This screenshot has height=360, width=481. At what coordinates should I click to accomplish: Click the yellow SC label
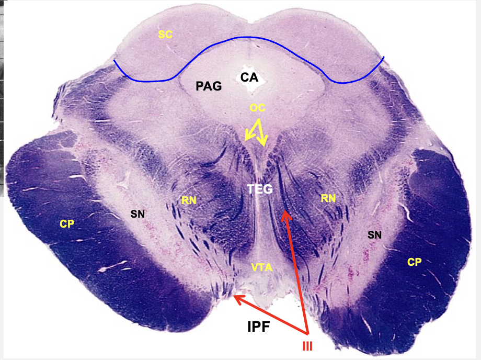coord(165,35)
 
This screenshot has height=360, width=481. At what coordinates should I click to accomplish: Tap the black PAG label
coord(209,86)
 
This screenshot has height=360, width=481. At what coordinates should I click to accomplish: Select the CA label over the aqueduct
coord(249,77)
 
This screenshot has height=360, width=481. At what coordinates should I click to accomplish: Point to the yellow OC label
coord(257,108)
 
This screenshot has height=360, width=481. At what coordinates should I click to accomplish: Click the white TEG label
coord(260,189)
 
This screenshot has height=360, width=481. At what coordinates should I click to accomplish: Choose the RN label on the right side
coord(327,198)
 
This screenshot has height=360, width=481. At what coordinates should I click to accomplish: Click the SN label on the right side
coord(374,235)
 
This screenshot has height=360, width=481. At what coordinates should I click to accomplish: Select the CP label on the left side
coord(67,224)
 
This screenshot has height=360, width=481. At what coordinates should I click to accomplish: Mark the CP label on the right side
coord(415,262)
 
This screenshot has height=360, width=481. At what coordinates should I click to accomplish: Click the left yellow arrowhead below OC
coord(246,139)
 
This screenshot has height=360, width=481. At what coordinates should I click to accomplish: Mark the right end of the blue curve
coord(384,57)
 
